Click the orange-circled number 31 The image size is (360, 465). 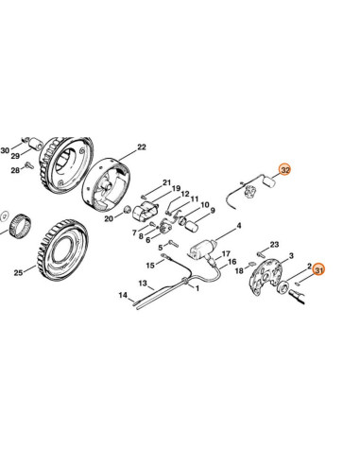(x=319, y=271)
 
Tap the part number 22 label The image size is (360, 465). (x=143, y=147)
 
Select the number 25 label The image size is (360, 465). (x=18, y=274)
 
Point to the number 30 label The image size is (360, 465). (x=5, y=151)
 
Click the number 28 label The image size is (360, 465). (x=15, y=171)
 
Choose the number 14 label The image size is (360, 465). (x=122, y=296)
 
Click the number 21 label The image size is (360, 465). (x=165, y=182)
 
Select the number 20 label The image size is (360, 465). (x=110, y=218)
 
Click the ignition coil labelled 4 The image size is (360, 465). (x=204, y=250)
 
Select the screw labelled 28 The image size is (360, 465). (x=29, y=167)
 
